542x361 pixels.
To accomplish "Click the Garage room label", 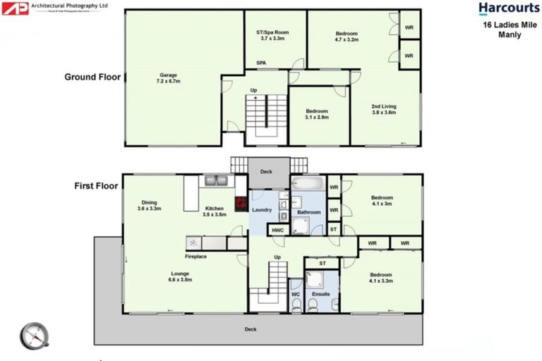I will point(168,78).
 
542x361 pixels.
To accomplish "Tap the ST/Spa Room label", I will point(272,35).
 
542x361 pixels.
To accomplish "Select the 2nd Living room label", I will point(384,109).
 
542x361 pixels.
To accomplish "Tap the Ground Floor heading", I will point(92,77).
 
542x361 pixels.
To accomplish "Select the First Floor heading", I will point(96,186).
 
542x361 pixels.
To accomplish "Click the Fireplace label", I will point(195,256).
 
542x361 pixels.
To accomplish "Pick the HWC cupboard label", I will point(277,230).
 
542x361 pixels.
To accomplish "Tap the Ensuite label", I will point(321,293).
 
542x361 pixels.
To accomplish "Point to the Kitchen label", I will point(215,212).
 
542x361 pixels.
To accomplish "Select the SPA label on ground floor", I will point(261,63).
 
